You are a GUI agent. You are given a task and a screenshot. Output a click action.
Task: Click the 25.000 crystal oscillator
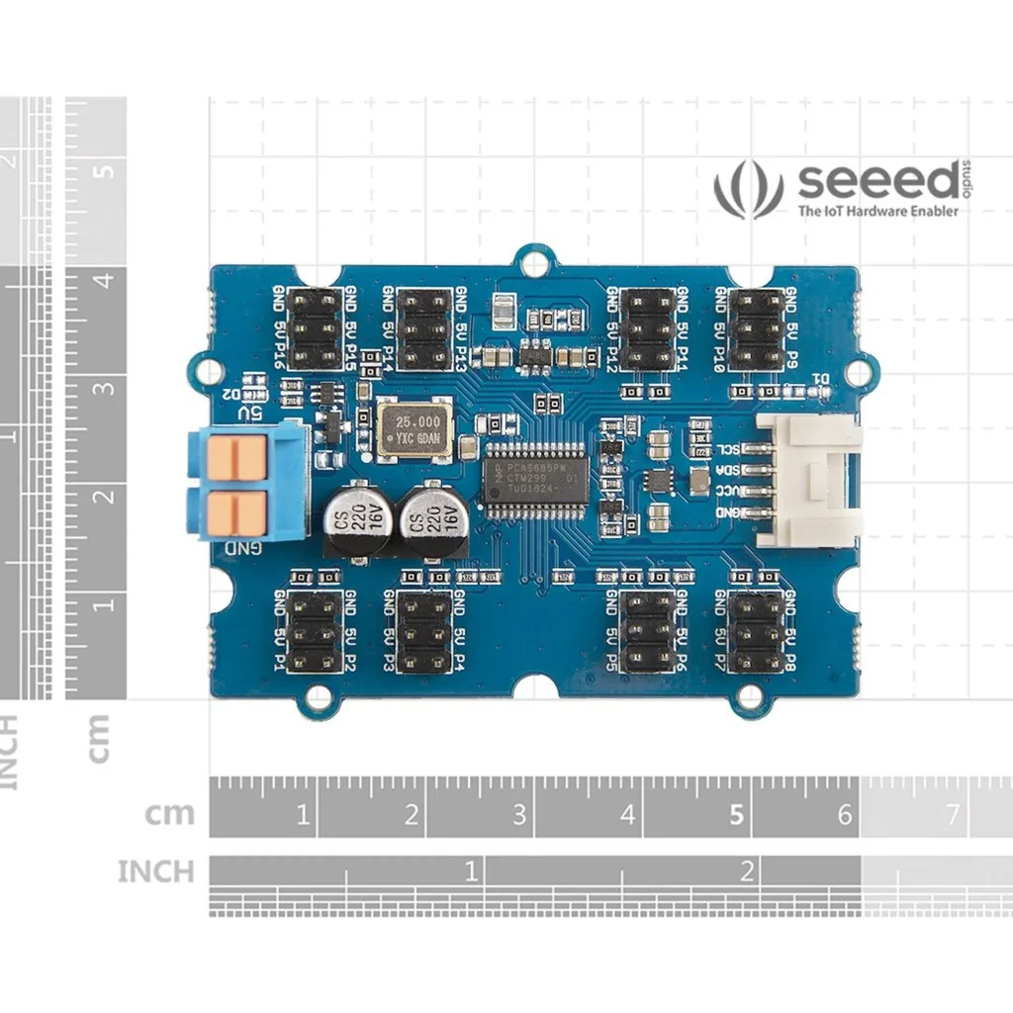(x=414, y=430)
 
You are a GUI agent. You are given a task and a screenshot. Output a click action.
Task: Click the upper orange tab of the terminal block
(x=236, y=456)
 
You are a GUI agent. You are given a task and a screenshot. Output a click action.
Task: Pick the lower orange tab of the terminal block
(x=236, y=512)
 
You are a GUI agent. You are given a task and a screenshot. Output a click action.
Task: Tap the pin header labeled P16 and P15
(x=315, y=329)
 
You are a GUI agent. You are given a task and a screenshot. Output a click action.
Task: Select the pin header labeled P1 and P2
(x=315, y=633)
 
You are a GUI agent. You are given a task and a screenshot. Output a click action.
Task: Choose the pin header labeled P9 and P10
(x=756, y=329)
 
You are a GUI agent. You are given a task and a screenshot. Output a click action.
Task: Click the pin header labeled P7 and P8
(x=756, y=633)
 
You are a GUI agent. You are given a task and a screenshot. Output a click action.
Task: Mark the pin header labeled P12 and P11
(x=647, y=329)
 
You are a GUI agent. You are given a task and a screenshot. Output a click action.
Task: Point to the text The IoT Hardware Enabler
(x=878, y=211)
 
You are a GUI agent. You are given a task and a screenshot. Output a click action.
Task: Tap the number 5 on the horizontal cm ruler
(x=736, y=815)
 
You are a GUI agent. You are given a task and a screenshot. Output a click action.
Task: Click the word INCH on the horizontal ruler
(x=156, y=872)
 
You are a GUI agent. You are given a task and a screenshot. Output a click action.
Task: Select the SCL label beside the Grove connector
(x=728, y=449)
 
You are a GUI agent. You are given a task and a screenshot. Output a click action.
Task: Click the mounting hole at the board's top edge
(x=534, y=263)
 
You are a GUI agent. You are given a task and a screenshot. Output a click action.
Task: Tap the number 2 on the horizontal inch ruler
(x=747, y=871)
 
